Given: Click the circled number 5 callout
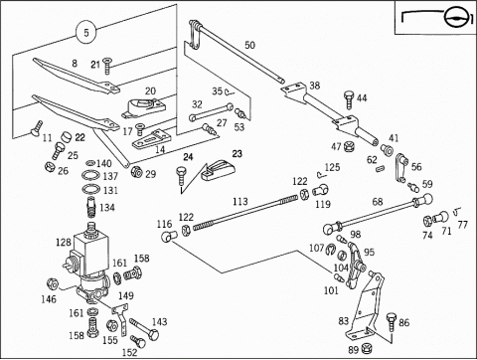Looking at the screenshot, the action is (86, 33).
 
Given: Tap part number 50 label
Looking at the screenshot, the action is (250, 45).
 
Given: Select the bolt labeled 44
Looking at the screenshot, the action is (349, 99).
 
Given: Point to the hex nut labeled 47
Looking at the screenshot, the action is (348, 146).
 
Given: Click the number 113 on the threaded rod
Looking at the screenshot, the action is (240, 201).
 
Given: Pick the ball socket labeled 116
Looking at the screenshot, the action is (169, 236).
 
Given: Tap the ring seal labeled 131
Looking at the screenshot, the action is (90, 189).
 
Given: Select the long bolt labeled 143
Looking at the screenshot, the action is (144, 329).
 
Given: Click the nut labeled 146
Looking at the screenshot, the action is (53, 283).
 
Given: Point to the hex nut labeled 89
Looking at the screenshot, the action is (367, 348).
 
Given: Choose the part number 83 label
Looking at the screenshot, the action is (344, 321).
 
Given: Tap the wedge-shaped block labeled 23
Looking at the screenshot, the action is (218, 169).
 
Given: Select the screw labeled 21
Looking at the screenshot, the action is (107, 67).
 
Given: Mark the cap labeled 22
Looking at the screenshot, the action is (67, 136).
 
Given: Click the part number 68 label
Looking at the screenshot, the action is (378, 202).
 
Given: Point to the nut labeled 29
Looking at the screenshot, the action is (136, 172).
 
